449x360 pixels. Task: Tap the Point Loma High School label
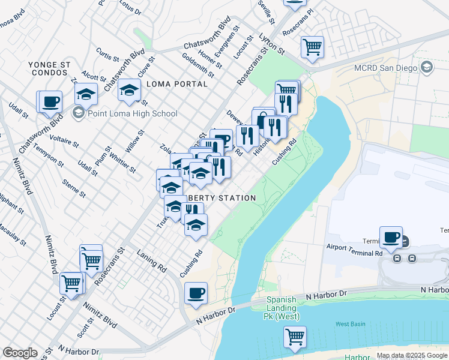click(132, 113)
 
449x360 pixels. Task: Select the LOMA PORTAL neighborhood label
click(176, 84)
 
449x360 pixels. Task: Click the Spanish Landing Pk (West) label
click(282, 308)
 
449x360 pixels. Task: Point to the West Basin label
click(350, 324)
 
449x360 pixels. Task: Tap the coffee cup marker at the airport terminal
click(391, 236)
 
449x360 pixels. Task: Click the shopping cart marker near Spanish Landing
click(295, 337)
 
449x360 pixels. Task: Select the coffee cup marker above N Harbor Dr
click(196, 293)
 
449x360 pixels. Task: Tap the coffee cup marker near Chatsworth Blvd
click(50, 100)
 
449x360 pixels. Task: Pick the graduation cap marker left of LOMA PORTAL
click(129, 90)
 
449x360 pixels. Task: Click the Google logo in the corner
click(20, 353)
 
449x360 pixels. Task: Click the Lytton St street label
click(271, 43)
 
